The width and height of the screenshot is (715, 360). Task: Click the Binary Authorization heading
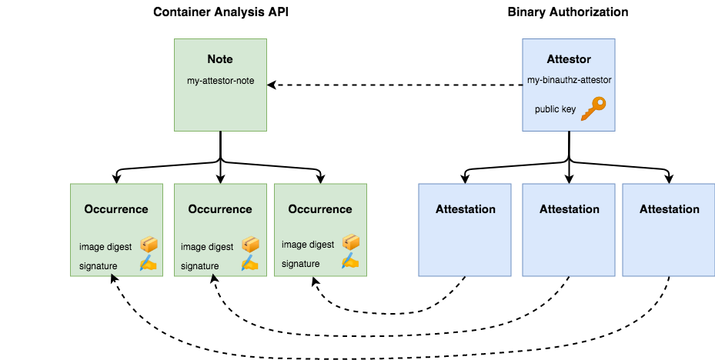click(568, 12)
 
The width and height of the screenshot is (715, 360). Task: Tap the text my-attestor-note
click(220, 82)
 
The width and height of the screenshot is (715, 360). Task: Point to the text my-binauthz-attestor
click(569, 80)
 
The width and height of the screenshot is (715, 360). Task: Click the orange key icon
click(593, 108)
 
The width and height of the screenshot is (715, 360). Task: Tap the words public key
click(555, 109)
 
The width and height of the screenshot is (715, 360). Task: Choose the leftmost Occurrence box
click(116, 229)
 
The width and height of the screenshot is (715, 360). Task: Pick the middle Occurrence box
click(220, 229)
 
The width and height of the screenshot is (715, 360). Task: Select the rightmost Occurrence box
click(320, 229)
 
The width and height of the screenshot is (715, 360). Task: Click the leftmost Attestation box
click(465, 229)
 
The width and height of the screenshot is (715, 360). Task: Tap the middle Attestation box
click(569, 229)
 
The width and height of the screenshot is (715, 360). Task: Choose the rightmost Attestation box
click(669, 229)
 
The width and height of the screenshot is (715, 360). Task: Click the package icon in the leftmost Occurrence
click(148, 245)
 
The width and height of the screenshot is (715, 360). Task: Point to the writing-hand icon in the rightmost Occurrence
click(350, 262)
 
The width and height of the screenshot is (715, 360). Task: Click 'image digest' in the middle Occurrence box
click(207, 247)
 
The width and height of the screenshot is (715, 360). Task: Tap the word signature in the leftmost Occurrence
click(98, 266)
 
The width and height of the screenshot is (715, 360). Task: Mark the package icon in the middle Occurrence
click(250, 245)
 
